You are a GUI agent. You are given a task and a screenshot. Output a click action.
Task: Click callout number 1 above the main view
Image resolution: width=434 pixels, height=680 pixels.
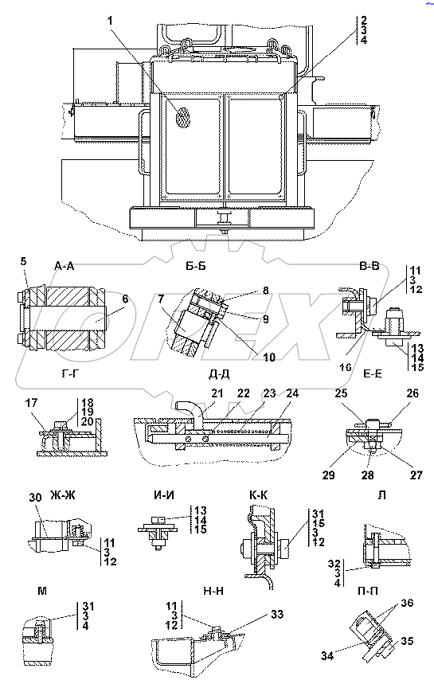[x=111, y=21]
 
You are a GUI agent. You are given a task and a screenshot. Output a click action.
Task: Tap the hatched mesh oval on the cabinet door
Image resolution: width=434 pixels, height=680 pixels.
[x=183, y=117]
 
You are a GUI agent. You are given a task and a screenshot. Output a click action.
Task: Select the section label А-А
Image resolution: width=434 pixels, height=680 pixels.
[x=65, y=266]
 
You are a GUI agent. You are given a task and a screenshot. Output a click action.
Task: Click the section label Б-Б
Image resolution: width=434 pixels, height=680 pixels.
[x=196, y=266]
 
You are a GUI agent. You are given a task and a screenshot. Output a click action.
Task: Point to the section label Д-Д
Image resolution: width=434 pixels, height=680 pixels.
[x=219, y=373]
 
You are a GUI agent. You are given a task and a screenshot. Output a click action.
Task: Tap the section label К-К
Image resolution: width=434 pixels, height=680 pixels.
[x=258, y=494]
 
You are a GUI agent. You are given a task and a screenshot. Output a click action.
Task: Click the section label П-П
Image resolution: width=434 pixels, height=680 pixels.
[x=367, y=591]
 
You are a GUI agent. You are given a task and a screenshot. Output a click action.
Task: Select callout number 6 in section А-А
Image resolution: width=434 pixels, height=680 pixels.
[x=125, y=299]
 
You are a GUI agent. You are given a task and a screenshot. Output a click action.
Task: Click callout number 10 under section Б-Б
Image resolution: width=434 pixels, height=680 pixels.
[x=268, y=357]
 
